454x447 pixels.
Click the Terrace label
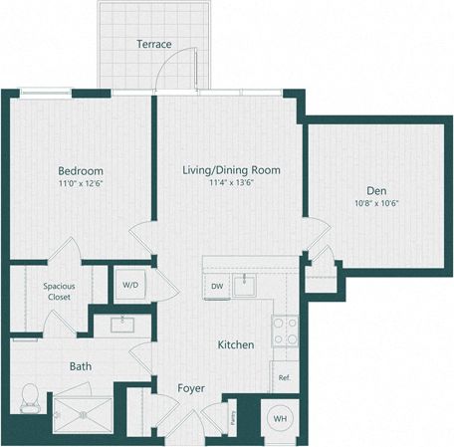click(x=154, y=44)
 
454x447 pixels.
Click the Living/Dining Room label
click(x=231, y=170)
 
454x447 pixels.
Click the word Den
click(x=375, y=190)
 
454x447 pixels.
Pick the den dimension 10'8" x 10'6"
click(x=375, y=204)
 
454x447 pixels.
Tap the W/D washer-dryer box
click(x=130, y=285)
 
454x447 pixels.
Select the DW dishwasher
click(x=217, y=287)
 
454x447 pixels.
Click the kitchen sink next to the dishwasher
click(x=245, y=286)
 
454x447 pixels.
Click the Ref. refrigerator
click(x=284, y=377)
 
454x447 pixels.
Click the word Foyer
click(x=192, y=387)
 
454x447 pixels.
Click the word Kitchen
click(x=236, y=344)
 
